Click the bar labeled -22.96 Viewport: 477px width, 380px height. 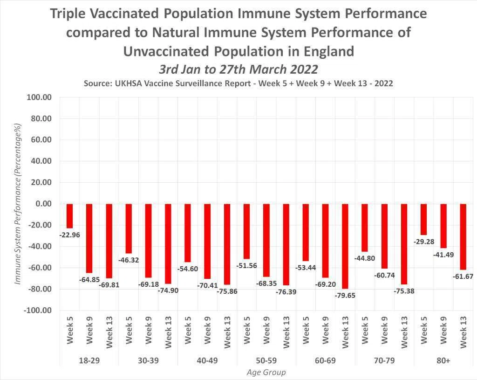point(70,216)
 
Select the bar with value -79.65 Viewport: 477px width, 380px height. point(345,246)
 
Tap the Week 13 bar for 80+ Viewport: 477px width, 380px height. point(463,236)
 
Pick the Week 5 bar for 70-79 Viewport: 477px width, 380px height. point(365,228)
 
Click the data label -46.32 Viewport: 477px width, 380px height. point(129,260)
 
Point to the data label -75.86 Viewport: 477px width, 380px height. point(227,291)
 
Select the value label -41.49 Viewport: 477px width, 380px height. point(443,255)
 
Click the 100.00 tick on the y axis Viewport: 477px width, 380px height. point(39,97)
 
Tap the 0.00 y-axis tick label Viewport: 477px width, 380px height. point(43,204)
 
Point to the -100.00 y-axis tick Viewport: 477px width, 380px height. point(37,310)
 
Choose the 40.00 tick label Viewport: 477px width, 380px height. point(41,161)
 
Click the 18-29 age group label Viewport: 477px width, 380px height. point(89,361)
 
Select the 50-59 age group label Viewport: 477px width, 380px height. point(266,361)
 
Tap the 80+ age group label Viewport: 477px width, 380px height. point(443,361)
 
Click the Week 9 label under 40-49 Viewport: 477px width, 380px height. point(207,331)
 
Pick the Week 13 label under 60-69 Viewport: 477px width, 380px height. point(345,332)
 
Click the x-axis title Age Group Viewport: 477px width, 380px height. point(266,373)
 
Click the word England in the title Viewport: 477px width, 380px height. point(329,51)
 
